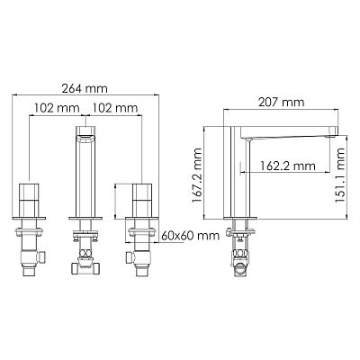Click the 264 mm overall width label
pos(85,89)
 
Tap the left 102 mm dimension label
pos(57,108)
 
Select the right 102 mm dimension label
pos(114,108)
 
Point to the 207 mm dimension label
pos(282,103)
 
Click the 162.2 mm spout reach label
pos(288,166)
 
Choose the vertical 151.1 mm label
pos(340,175)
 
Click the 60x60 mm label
pos(191,236)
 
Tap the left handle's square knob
pos(29,200)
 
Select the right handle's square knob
pos(143,200)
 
